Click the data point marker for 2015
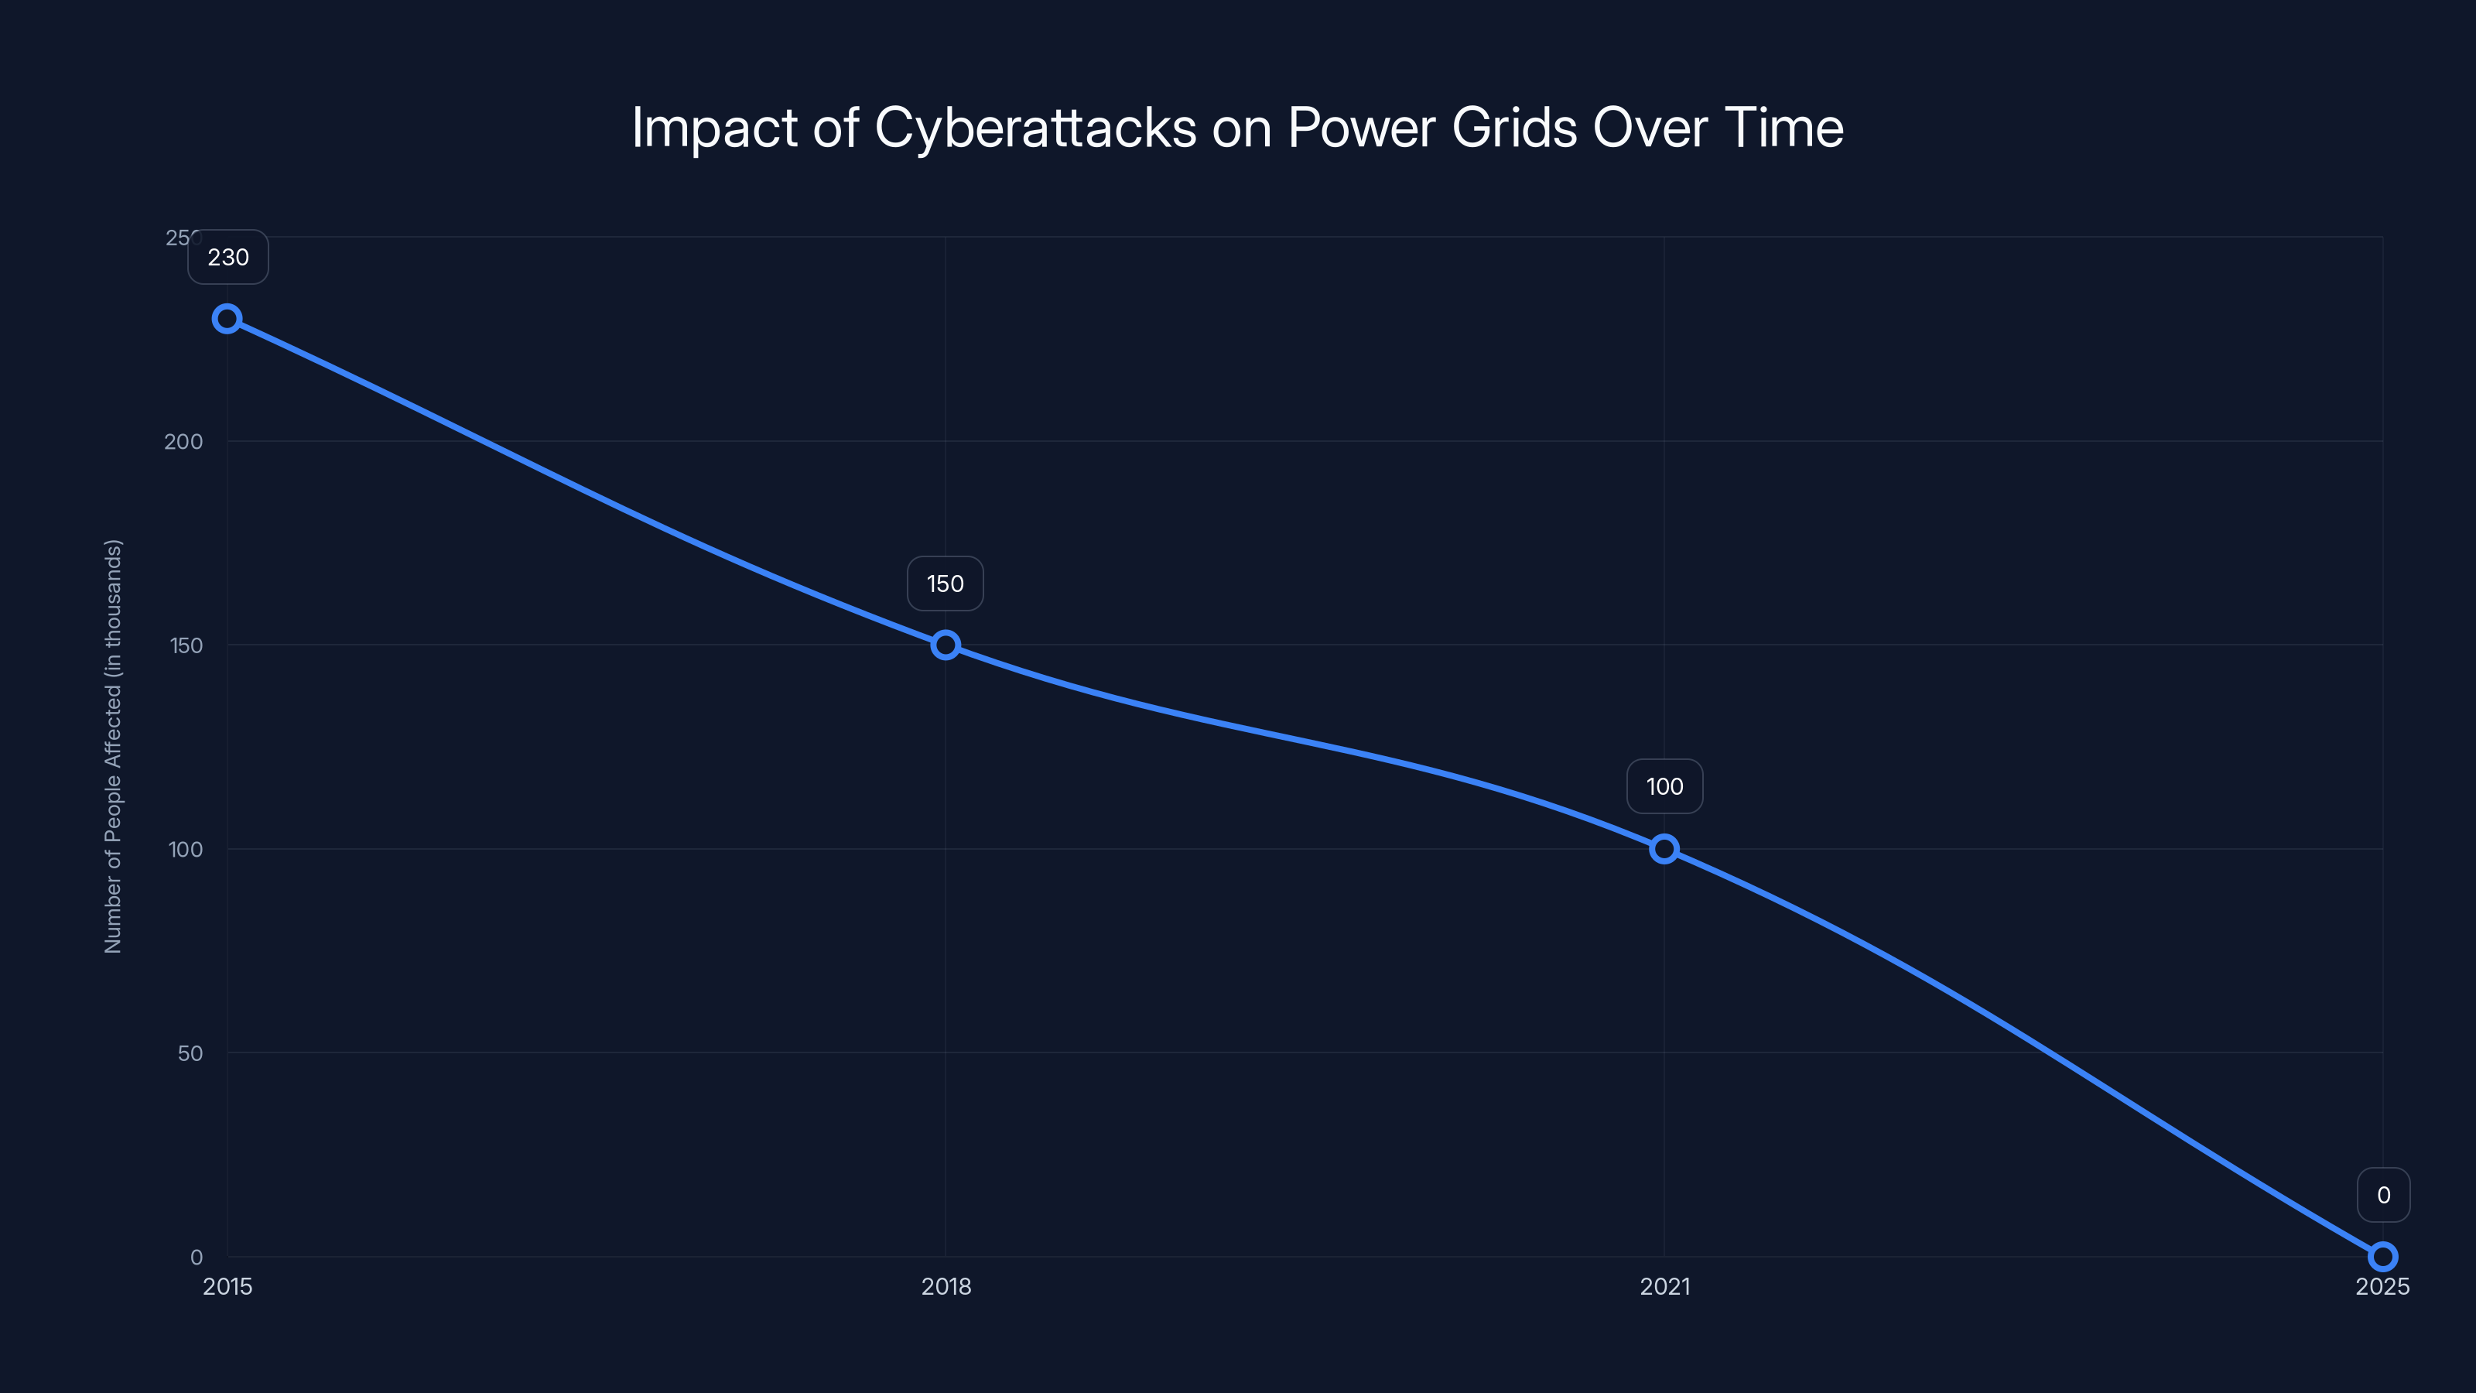point(227,319)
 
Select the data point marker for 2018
point(946,645)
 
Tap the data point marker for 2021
point(1664,849)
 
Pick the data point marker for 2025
point(2383,1257)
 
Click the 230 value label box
point(227,258)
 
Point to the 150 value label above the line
point(945,584)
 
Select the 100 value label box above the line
point(1664,786)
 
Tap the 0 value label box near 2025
point(2383,1195)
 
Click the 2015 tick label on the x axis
point(227,1286)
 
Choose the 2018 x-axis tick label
point(946,1286)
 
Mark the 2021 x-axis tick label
point(1664,1286)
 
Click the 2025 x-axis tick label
point(2382,1286)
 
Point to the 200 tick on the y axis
point(183,441)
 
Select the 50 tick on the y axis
point(190,1052)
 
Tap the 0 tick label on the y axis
point(196,1257)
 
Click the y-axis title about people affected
point(114,746)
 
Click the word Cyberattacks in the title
point(1035,128)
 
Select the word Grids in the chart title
point(1514,128)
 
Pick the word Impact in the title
point(714,128)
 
